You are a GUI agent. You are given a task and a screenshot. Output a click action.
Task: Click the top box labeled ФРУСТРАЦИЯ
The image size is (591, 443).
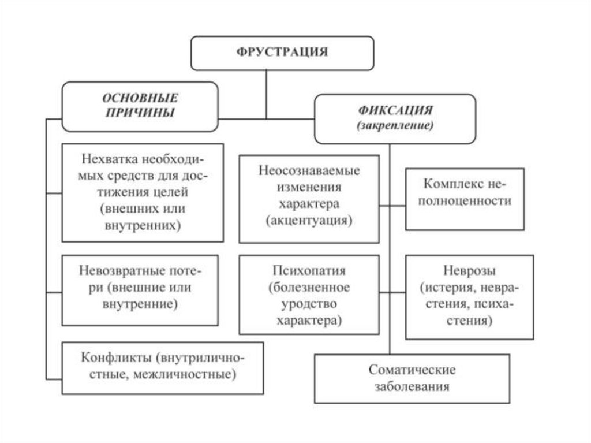coord(282,53)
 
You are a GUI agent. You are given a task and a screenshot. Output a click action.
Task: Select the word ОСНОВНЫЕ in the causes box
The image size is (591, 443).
coord(140,98)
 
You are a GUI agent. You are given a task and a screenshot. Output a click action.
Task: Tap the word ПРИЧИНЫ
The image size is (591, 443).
coord(140,113)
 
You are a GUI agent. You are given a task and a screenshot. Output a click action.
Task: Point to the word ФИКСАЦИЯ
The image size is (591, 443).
coord(395,110)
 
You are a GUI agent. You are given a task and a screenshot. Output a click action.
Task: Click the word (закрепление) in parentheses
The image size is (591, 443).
coord(395,125)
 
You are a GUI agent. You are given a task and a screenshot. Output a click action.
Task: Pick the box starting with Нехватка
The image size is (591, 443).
coord(143,192)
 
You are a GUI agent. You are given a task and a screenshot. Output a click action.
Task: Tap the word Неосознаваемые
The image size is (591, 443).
coord(309,172)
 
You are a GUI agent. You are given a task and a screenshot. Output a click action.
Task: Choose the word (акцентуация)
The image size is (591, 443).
coord(309,220)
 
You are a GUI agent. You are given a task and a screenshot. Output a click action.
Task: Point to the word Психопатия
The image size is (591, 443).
coord(309,271)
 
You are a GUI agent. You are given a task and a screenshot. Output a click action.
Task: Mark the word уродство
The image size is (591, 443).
coord(309,303)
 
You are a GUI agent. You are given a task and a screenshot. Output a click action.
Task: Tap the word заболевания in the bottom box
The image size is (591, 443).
coord(412,386)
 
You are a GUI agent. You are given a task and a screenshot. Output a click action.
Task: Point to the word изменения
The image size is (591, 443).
coord(309,188)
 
